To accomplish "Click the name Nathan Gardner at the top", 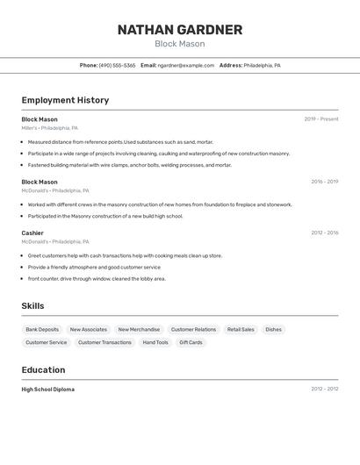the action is [179, 30].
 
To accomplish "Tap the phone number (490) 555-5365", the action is [117, 65].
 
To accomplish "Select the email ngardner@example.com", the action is [186, 65].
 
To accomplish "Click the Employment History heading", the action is [65, 100].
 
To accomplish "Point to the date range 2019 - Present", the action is [320, 119].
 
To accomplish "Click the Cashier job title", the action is [32, 232].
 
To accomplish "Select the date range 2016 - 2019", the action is [324, 182].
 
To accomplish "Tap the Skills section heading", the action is [33, 305].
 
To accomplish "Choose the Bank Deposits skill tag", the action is [42, 330].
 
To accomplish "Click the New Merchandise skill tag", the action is [139, 330].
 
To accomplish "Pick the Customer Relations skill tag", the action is [193, 330].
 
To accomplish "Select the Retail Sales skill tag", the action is [241, 330].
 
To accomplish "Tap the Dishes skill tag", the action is [273, 330].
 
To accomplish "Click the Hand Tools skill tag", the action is [155, 342].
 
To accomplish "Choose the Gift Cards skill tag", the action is [191, 342].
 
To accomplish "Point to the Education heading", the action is [43, 369].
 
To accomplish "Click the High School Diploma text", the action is [48, 389].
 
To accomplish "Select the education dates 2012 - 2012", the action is [324, 389].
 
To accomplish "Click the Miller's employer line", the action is [49, 128].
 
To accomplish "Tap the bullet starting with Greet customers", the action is [125, 255].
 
